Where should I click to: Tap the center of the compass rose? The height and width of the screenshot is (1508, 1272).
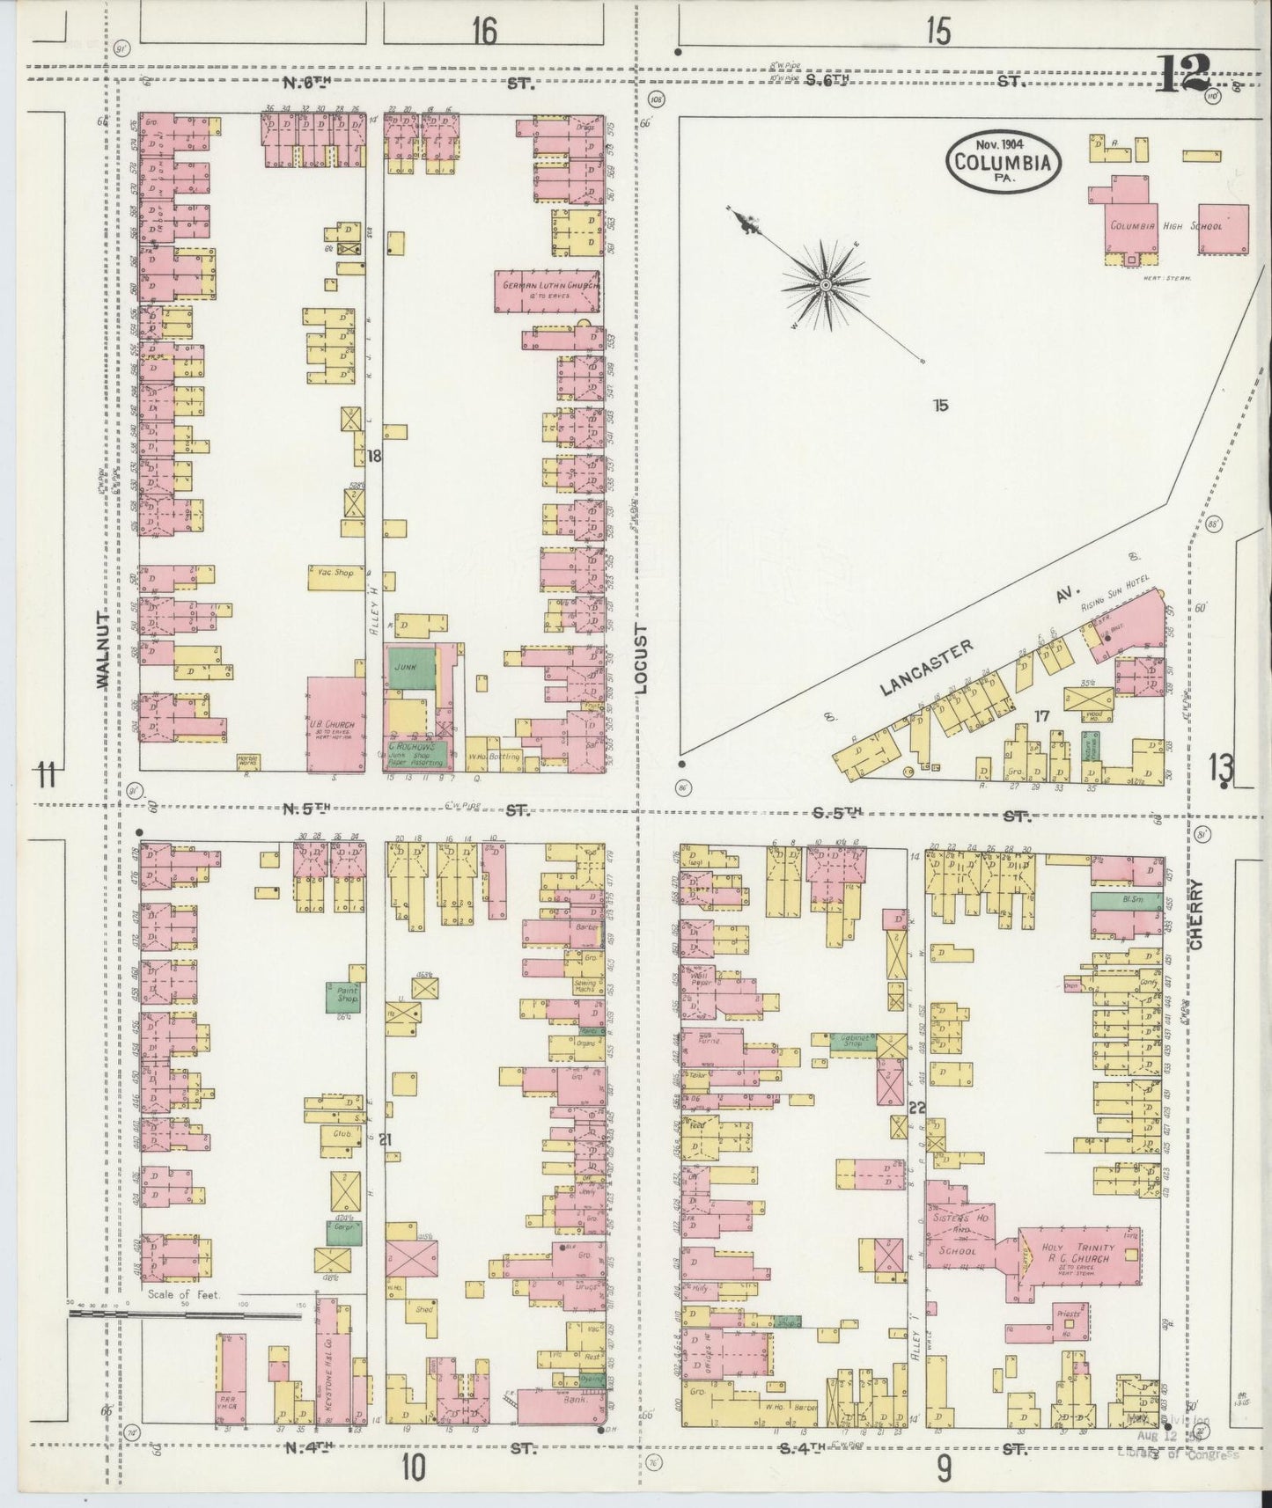click(826, 285)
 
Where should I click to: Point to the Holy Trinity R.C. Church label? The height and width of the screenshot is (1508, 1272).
click(1077, 1253)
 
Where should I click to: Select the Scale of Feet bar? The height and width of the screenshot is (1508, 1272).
click(185, 1314)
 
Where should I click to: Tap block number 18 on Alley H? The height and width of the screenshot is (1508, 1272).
click(375, 456)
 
